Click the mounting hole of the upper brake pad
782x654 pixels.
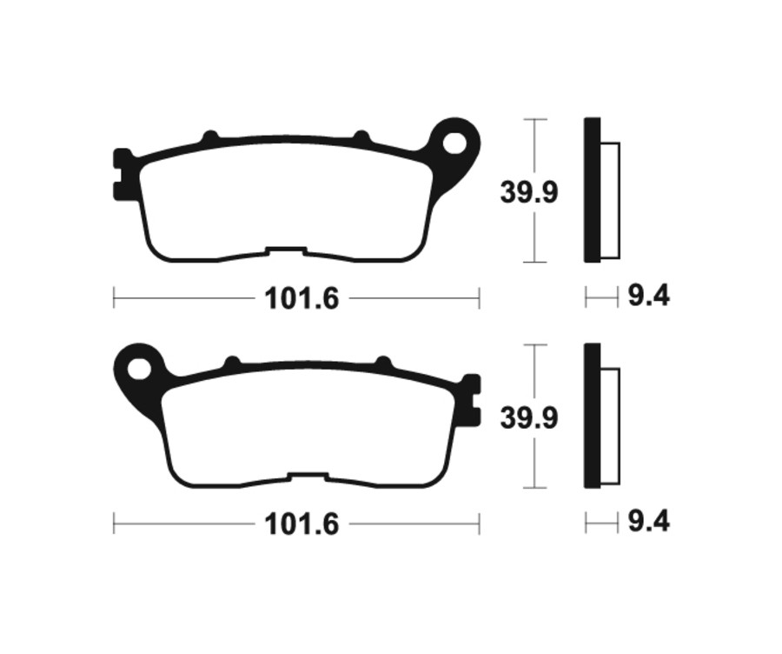tap(455, 142)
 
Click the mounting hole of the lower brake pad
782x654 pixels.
tap(139, 368)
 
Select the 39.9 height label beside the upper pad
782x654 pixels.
tap(528, 192)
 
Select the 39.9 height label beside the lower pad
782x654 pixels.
tap(528, 418)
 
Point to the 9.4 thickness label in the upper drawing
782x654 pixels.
tap(648, 297)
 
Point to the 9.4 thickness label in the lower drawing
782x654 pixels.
tap(648, 523)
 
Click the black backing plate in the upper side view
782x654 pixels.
tap(592, 190)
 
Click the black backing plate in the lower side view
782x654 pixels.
tap(592, 416)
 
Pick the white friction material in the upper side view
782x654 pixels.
tap(610, 200)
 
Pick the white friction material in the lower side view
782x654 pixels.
tap(610, 426)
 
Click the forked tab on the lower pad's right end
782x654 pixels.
tap(471, 400)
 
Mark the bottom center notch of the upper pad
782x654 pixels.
tap(287, 254)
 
